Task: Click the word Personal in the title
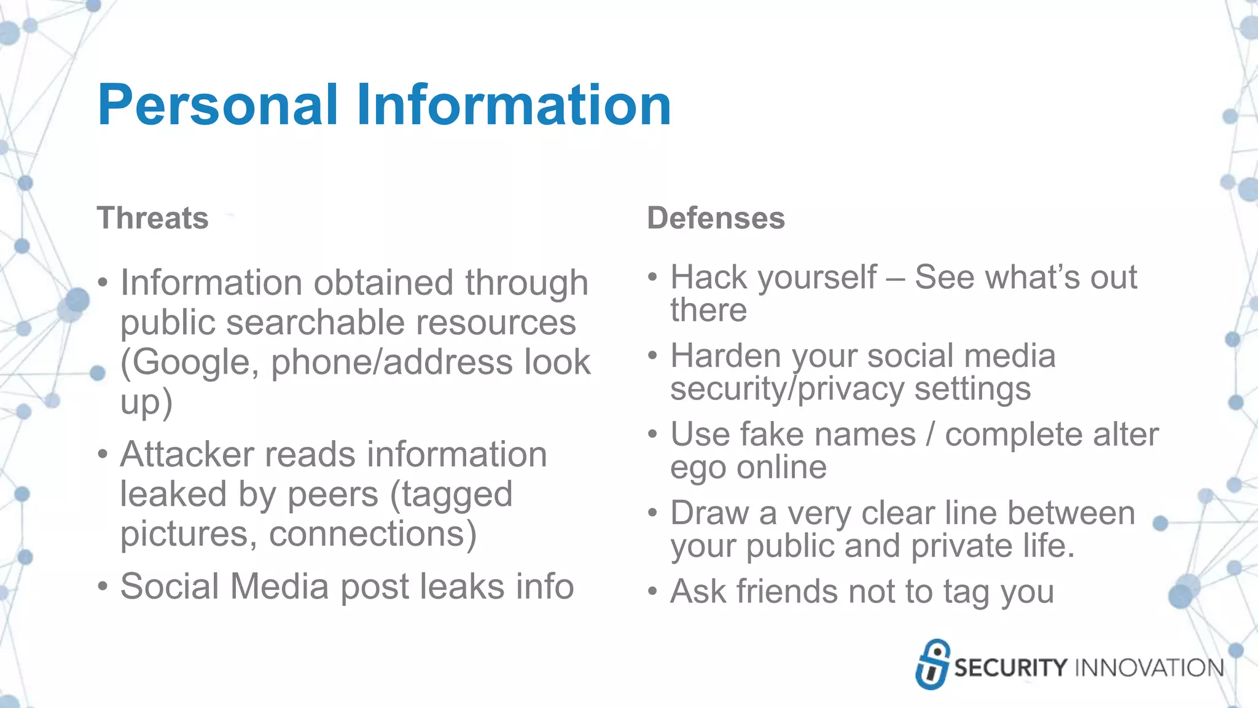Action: tap(218, 106)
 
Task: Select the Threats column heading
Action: tap(153, 218)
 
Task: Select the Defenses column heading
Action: tap(716, 218)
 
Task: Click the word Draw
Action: tap(709, 513)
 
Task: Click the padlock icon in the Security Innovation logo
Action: tap(932, 664)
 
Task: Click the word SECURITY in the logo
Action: tap(1010, 668)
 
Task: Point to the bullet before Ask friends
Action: tap(652, 592)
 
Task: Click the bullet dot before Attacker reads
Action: tap(103, 455)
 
